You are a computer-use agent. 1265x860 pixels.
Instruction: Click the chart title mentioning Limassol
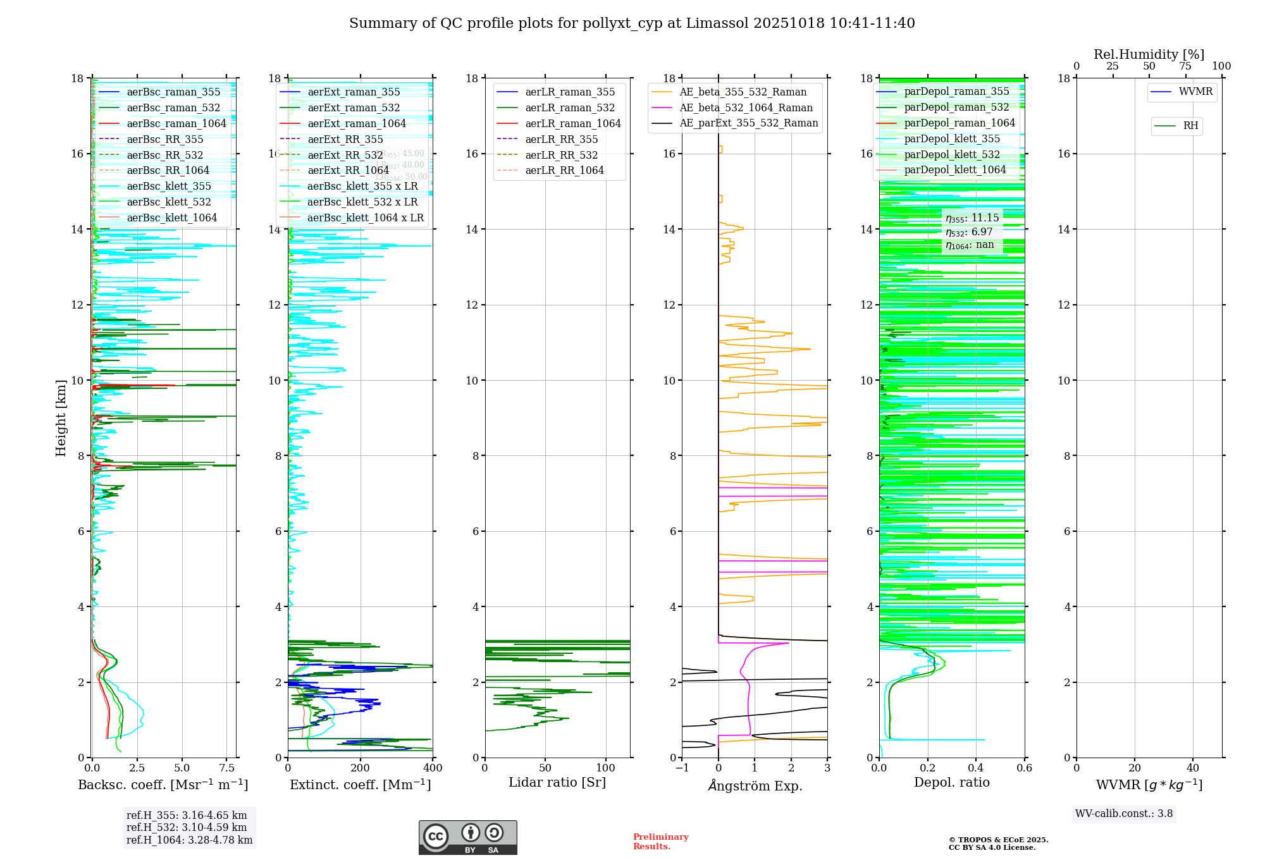point(632,23)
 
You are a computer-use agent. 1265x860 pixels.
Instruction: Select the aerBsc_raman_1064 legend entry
point(176,124)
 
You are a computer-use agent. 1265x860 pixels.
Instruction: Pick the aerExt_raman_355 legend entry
point(354,92)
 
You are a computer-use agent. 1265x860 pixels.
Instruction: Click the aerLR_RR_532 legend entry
point(561,156)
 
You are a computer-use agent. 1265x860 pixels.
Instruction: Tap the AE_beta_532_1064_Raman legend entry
point(746,108)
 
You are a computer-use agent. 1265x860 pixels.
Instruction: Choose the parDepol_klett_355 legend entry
point(952,139)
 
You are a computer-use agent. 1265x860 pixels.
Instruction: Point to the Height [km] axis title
point(61,418)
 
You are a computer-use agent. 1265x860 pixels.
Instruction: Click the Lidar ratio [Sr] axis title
point(557,783)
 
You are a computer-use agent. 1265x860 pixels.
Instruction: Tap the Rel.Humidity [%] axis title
point(1149,54)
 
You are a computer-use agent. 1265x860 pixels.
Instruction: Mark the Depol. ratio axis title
point(951,783)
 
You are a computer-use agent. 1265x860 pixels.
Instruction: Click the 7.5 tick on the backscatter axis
point(227,768)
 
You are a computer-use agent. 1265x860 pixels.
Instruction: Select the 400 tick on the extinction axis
point(433,768)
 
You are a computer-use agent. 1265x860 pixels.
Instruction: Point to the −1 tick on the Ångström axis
point(682,768)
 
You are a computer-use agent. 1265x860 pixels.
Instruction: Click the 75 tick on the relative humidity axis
point(1185,66)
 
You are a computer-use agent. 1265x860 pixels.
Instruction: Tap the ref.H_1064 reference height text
point(189,840)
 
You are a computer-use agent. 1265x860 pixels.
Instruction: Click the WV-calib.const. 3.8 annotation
point(1124,814)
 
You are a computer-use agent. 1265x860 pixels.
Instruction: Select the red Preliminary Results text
point(660,842)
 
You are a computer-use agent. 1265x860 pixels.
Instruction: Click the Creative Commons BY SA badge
point(467,838)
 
